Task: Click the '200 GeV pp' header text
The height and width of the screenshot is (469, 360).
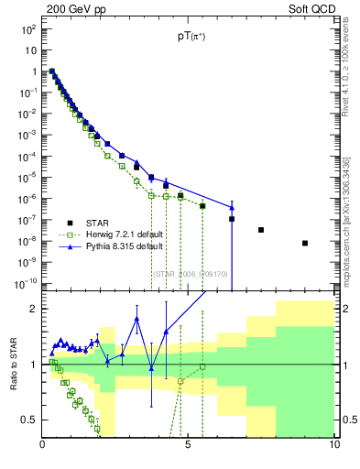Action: point(74,8)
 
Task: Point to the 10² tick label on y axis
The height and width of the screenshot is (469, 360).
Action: point(28,29)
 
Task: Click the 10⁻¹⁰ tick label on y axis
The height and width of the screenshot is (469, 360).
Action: point(27,284)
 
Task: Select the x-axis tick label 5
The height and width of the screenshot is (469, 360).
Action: point(188,446)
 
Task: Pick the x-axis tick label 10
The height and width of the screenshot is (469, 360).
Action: point(333,446)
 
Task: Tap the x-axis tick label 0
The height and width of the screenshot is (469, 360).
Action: point(42,446)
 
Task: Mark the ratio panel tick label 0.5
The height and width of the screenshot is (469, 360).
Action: point(28,420)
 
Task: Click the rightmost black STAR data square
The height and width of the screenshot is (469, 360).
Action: point(305,243)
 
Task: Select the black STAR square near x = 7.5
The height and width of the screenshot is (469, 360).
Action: point(261,230)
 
